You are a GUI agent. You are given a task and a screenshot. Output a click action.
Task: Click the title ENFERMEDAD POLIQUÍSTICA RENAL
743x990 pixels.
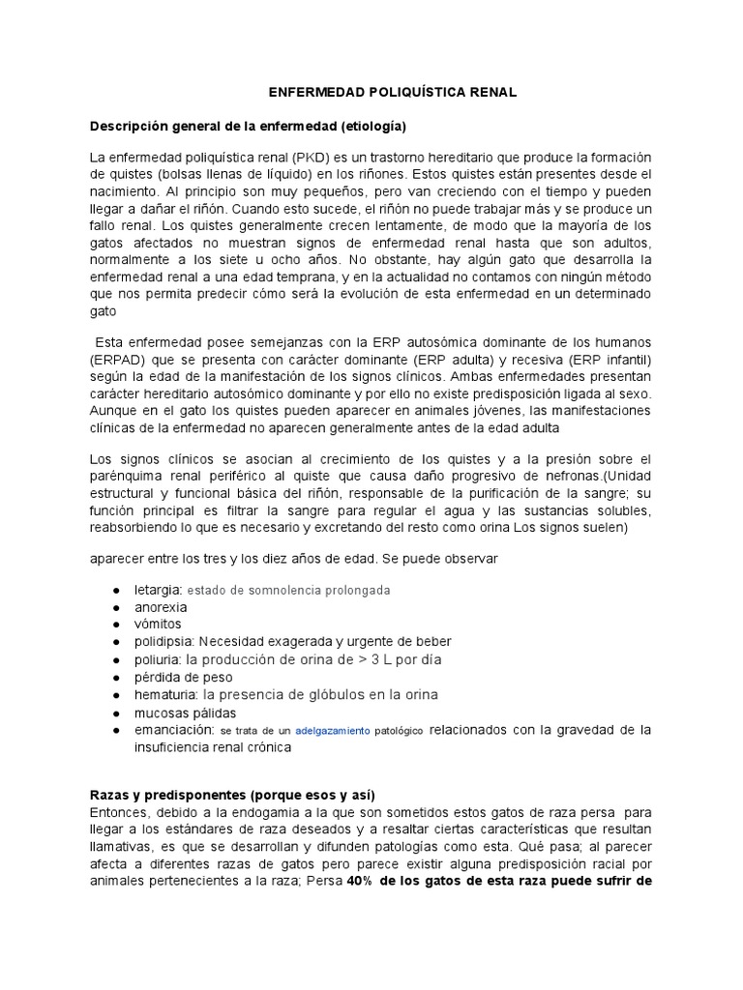(x=392, y=92)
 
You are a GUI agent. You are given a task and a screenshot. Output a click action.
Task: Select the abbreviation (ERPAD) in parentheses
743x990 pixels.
(x=119, y=359)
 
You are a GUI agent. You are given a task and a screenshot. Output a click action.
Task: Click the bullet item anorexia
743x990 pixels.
(x=161, y=607)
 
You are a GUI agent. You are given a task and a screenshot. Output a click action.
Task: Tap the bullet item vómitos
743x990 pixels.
(x=159, y=625)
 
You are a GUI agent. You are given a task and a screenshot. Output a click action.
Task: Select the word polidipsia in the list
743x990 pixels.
(x=165, y=642)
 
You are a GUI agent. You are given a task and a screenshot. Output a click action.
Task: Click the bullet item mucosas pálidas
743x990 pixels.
(x=185, y=713)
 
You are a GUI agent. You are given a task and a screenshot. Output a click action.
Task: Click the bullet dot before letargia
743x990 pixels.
(x=116, y=590)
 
